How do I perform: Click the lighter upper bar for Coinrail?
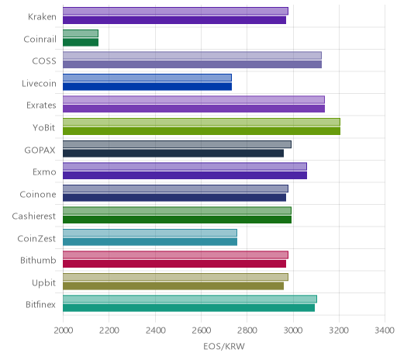coord(81,33)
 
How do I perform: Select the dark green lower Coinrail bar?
coord(81,43)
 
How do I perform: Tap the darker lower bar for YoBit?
coord(202,131)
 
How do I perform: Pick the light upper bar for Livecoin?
coord(147,78)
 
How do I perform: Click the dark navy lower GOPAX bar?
coord(174,153)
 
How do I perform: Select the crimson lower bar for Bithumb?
coord(174,264)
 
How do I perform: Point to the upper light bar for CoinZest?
coord(150,233)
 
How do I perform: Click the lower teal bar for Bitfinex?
coord(189,308)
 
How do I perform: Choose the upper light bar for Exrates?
coord(194,100)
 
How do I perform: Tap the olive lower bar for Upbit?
coord(174,286)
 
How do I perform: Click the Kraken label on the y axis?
coord(42,17)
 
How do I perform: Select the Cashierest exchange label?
coord(34,216)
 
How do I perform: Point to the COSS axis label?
coord(44,61)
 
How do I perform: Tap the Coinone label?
coord(38,194)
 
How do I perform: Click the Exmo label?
coord(44,172)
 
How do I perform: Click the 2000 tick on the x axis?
coord(64,331)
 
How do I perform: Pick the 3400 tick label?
coord(385,331)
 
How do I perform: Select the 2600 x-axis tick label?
coord(201,331)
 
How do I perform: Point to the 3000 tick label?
coord(293,331)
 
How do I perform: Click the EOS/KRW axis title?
coord(224,346)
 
